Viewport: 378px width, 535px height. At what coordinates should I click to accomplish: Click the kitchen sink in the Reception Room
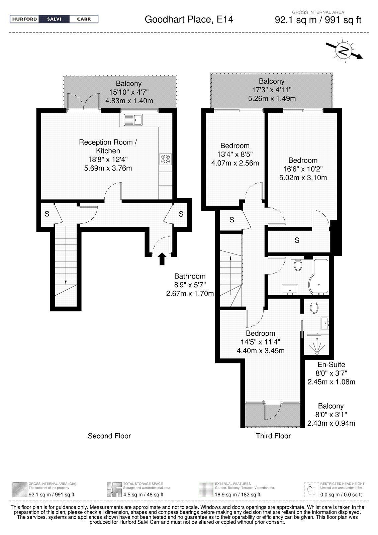coord(133,119)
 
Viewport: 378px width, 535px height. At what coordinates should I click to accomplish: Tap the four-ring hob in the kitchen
coord(166,159)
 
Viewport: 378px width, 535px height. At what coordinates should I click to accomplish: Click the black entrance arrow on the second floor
coord(162,259)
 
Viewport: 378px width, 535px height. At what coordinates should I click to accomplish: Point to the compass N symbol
coord(344,50)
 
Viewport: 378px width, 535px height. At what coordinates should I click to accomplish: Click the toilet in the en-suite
coord(314,308)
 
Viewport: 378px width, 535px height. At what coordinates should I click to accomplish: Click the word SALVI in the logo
coord(54,19)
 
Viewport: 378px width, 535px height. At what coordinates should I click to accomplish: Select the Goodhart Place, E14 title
coord(189,19)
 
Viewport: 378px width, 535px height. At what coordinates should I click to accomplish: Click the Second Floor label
coord(109,436)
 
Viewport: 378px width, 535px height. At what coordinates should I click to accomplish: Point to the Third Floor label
coord(273,436)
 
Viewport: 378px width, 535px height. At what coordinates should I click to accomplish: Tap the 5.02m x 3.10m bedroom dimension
coord(303,178)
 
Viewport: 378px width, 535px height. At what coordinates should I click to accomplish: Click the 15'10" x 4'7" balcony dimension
coord(129,92)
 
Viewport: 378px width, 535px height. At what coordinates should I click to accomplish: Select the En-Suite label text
coord(331,364)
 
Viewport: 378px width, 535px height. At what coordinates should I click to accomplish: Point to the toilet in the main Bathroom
coord(298,265)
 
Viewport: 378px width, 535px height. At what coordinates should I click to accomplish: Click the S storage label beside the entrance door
coord(181,214)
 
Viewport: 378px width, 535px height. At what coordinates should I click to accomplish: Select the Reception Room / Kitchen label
coord(108,146)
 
